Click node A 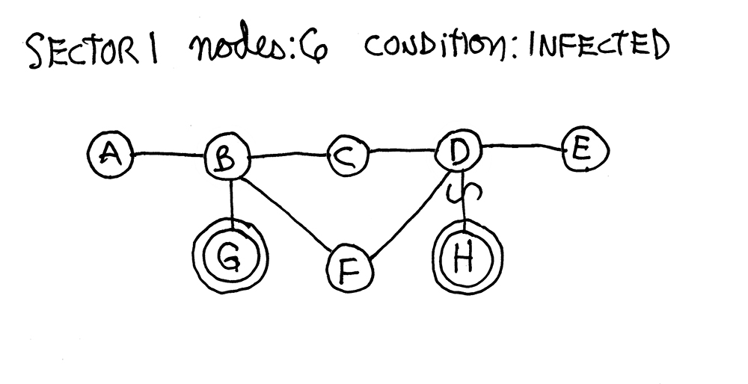[x=109, y=155]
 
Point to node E [x=583, y=152]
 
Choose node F [x=349, y=269]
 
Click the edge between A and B [x=168, y=155]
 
